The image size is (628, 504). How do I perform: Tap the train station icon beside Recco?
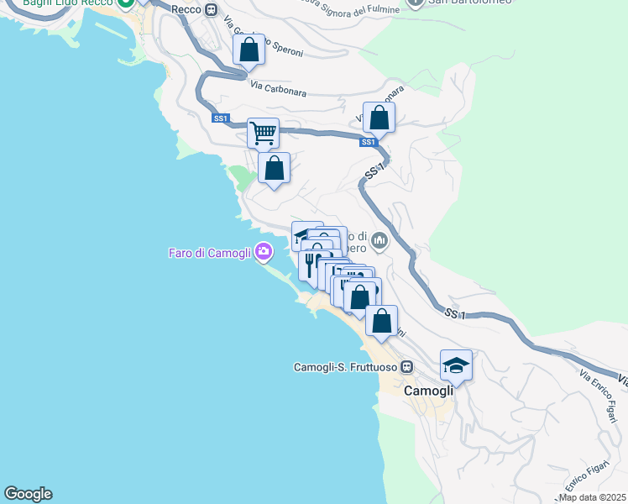(212, 9)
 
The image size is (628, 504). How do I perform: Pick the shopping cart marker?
(264, 133)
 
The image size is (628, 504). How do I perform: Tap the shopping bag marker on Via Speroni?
(249, 50)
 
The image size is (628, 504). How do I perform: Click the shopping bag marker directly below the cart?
(274, 169)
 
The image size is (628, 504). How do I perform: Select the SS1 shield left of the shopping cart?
(221, 119)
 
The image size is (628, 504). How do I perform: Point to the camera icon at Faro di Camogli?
(264, 251)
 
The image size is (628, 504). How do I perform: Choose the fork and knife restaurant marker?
(311, 265)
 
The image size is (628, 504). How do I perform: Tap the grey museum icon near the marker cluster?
(379, 242)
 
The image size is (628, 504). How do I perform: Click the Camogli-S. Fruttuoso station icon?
(407, 367)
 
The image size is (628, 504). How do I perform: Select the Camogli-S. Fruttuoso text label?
(345, 367)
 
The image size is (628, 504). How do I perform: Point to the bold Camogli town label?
(429, 391)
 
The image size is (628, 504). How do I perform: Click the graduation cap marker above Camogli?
(456, 365)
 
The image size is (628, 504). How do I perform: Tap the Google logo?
(28, 494)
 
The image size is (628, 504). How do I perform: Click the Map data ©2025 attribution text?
(593, 497)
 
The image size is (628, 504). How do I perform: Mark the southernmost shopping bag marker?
(381, 321)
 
